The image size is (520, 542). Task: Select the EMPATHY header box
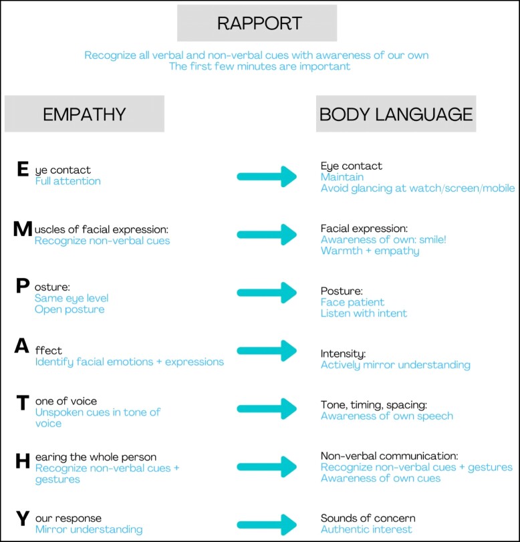[x=84, y=114]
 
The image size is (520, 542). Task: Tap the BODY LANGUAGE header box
[x=396, y=114]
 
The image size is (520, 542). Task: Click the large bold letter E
[x=23, y=170]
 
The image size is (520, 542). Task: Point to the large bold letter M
[x=23, y=229]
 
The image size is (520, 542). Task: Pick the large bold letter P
[x=23, y=287]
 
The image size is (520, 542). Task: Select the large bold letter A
[x=22, y=346]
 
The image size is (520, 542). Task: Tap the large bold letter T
[x=22, y=402]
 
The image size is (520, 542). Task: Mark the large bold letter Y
[x=22, y=518]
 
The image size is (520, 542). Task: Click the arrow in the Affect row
[x=267, y=350]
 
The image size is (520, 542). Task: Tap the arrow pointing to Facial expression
[x=267, y=234]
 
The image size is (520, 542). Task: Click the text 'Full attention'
[x=68, y=181]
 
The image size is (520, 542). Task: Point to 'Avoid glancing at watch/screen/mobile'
[x=417, y=188]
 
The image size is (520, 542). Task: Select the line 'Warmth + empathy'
[x=370, y=251]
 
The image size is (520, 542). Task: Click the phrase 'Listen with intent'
[x=364, y=313]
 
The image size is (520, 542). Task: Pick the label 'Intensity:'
[x=344, y=354]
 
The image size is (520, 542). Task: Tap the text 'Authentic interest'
[x=366, y=529]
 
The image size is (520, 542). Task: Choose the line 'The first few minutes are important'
[x=260, y=66]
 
